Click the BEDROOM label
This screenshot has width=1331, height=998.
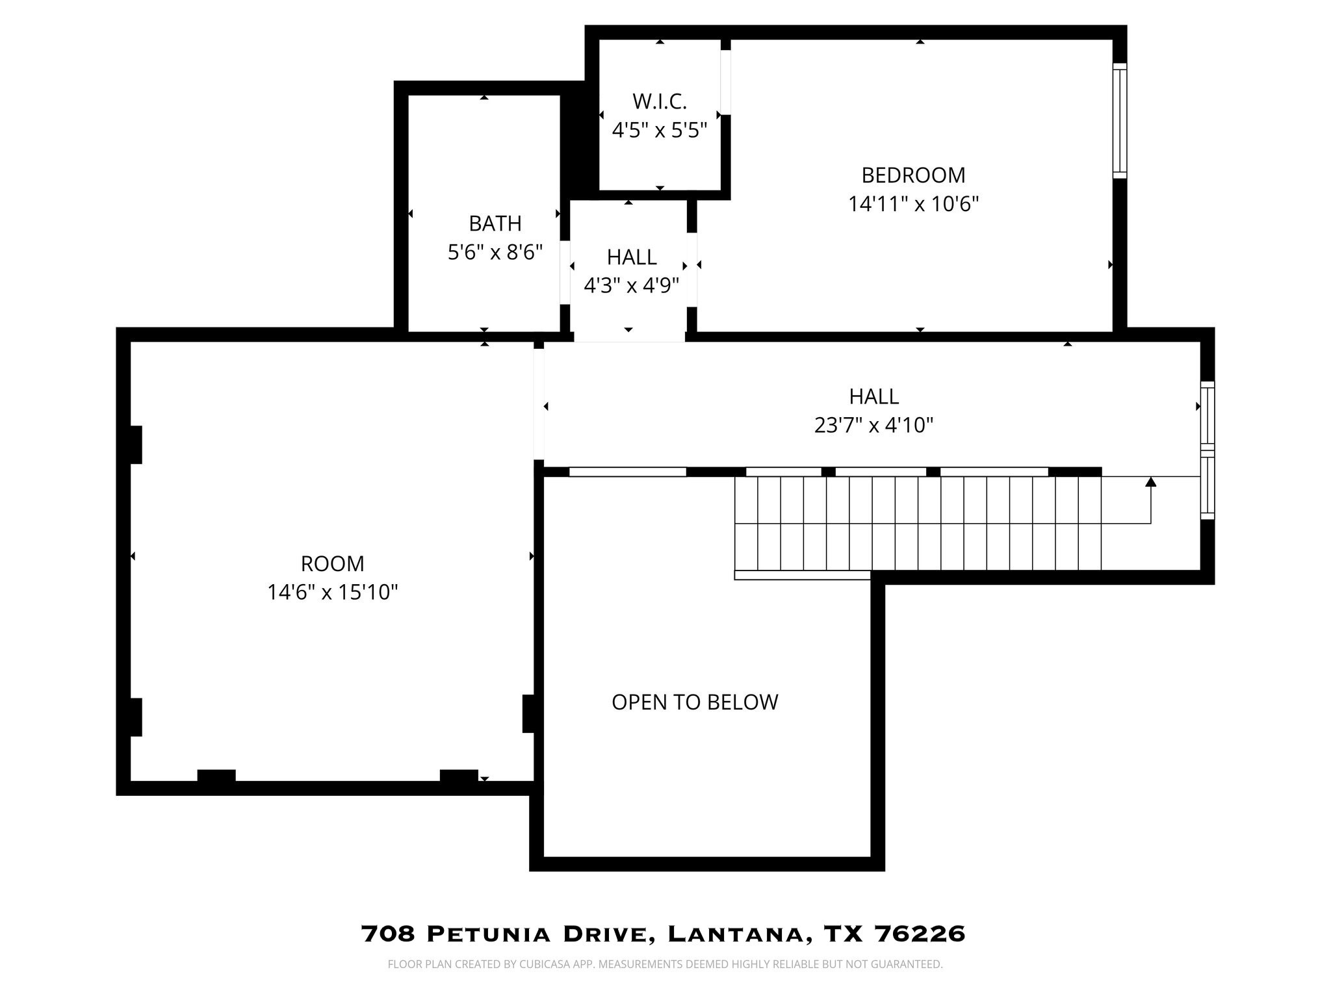[913, 175]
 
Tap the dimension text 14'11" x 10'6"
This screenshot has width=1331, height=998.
[913, 205]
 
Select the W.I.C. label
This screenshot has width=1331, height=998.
[659, 101]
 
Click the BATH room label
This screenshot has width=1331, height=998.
[495, 224]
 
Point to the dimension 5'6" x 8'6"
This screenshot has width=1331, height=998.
[495, 252]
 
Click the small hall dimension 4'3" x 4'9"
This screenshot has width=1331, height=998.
[631, 286]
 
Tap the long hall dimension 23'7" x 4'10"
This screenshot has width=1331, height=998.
[873, 426]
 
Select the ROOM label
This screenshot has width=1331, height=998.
[332, 563]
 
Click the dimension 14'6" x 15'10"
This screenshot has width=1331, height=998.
[332, 593]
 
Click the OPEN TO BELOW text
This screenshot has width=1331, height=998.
[695, 702]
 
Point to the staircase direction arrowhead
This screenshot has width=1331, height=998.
[1150, 482]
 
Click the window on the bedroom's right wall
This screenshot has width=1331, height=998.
[1119, 121]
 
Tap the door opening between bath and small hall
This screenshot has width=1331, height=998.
[565, 272]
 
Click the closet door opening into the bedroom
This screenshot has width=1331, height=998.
[725, 83]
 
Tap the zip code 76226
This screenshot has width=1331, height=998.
[920, 934]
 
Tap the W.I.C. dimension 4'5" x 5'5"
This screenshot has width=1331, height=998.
[659, 131]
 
